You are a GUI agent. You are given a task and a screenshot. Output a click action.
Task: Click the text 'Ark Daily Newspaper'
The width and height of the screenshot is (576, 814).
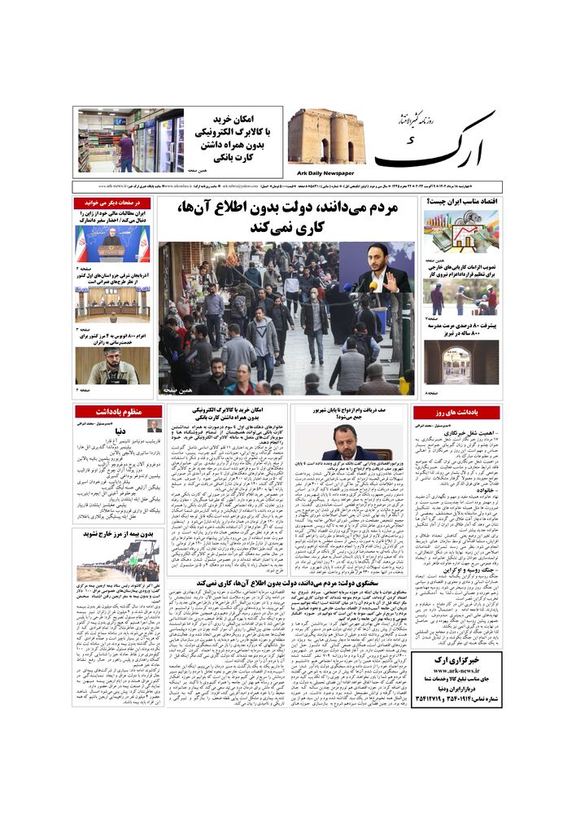[x=326, y=173]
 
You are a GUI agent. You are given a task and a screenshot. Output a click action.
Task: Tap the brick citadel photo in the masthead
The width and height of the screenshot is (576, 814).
[x=326, y=137]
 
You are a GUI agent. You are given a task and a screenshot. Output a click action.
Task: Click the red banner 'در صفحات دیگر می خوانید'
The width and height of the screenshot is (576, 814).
[x=112, y=203]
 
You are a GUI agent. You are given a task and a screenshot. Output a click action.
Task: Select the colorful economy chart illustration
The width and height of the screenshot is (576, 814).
[x=460, y=232]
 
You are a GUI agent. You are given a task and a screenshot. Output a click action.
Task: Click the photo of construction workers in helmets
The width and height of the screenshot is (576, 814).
[x=460, y=298]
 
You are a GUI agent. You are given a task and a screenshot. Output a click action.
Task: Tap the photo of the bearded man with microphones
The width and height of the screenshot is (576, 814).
[x=112, y=365]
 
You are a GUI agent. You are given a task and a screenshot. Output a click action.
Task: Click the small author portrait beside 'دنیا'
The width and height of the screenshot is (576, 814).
[x=154, y=427]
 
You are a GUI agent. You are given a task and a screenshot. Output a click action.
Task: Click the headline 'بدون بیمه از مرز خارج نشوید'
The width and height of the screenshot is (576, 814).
[x=112, y=535]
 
